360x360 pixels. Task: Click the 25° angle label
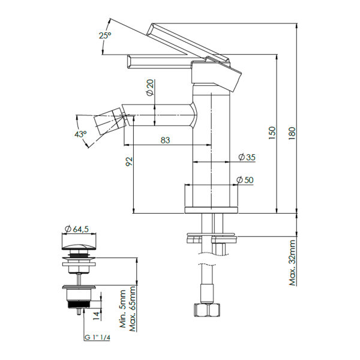point(105,35)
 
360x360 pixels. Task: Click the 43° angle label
point(80,134)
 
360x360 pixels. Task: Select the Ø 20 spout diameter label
point(150,87)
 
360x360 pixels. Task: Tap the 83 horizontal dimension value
point(165,140)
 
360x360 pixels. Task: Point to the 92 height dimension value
point(129,161)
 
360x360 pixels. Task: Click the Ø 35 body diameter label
point(247,157)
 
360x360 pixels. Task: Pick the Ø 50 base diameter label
point(245,180)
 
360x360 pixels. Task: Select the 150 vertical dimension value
point(272,133)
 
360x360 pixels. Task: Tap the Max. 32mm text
point(292,263)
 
